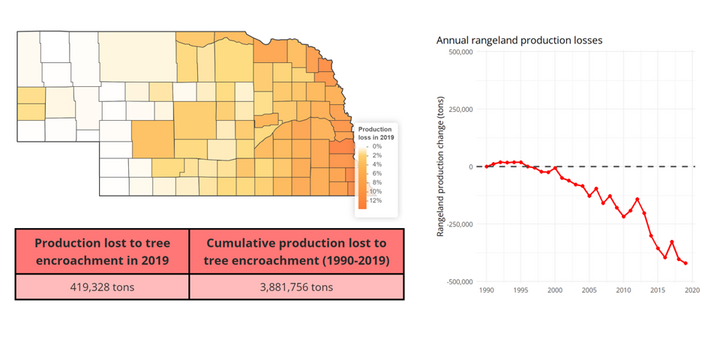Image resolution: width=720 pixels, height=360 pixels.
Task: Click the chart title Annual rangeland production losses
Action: (x=519, y=40)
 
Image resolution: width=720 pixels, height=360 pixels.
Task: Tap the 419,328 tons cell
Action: (x=102, y=287)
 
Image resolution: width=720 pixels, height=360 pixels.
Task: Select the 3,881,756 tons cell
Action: (x=296, y=287)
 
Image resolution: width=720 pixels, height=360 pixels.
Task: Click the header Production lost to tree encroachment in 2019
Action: (x=102, y=252)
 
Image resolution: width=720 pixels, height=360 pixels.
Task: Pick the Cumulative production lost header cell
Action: (x=296, y=252)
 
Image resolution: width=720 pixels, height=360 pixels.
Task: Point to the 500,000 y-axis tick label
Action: (x=463, y=52)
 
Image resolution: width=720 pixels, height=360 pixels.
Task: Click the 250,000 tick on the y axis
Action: (x=463, y=109)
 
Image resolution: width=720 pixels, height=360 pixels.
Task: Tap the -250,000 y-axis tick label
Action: (x=462, y=224)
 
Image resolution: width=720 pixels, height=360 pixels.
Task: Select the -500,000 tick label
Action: (x=462, y=281)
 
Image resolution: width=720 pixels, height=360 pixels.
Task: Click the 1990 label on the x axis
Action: (x=486, y=290)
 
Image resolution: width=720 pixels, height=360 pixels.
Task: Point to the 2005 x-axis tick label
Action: (x=589, y=290)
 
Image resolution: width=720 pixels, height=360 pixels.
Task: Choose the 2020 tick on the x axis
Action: (x=692, y=290)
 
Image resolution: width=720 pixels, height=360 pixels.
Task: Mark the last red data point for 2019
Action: (x=686, y=263)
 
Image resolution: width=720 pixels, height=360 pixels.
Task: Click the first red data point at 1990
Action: (x=487, y=167)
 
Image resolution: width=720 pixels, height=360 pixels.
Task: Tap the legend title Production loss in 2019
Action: (x=376, y=133)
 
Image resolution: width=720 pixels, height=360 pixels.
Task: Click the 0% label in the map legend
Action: (x=377, y=146)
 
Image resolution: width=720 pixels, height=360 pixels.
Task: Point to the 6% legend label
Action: (x=377, y=173)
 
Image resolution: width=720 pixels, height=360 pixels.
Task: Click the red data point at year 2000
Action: (x=555, y=168)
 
